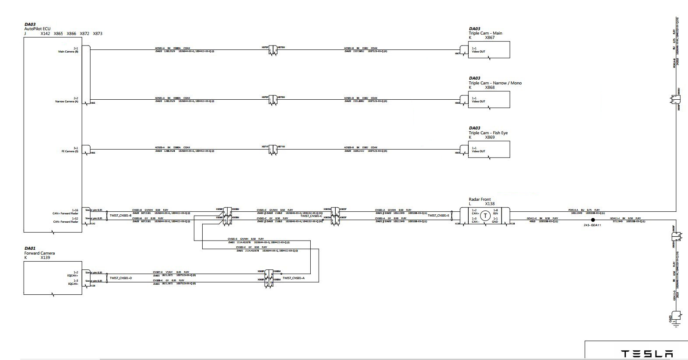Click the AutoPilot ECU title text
point(37,29)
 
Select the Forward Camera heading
point(39,253)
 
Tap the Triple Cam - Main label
point(485,33)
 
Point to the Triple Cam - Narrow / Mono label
point(495,83)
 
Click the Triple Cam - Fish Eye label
point(488,133)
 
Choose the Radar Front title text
point(480,199)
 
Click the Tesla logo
point(647,354)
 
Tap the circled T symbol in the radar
point(485,216)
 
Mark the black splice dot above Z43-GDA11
point(593,220)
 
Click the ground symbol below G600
point(676,325)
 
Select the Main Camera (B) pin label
point(68,52)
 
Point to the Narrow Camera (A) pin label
point(67,101)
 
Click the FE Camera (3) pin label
point(70,151)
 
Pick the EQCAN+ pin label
point(73,276)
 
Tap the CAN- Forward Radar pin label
point(65,222)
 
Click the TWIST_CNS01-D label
point(120,278)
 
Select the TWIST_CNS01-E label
point(438,215)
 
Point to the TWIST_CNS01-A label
point(293,278)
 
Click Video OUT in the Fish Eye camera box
point(478,151)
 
